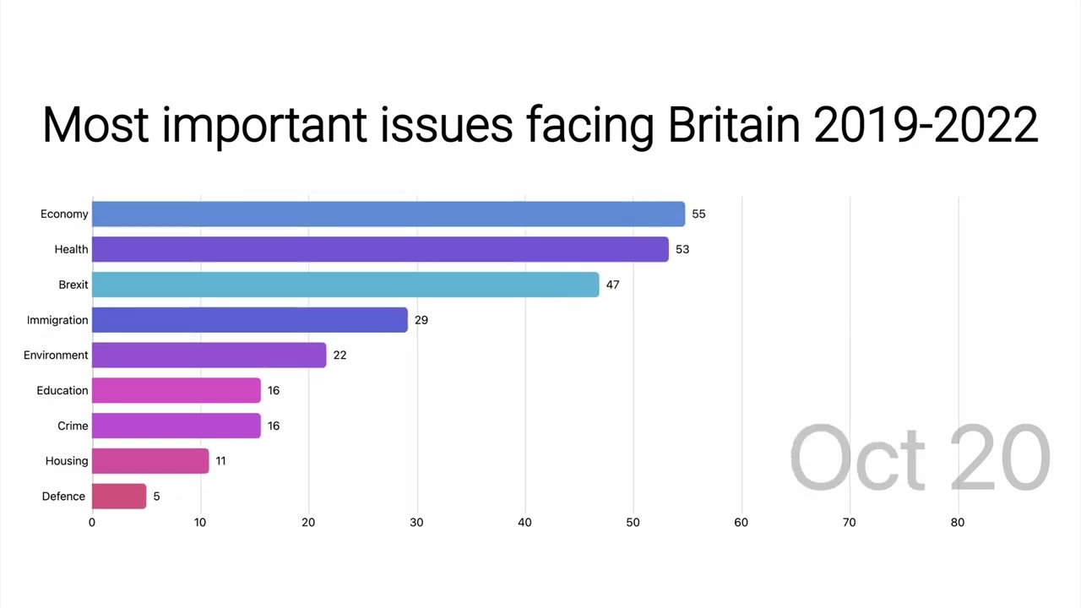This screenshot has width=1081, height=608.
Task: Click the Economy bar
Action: [x=388, y=214]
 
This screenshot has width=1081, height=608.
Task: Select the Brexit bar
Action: [x=345, y=285]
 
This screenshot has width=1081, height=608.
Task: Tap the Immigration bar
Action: [x=250, y=320]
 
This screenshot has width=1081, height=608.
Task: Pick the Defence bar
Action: [x=119, y=496]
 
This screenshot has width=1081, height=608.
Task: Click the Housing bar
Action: [x=150, y=461]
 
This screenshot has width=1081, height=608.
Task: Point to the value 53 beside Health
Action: [x=682, y=249]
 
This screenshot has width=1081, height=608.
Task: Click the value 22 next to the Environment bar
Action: [x=340, y=356]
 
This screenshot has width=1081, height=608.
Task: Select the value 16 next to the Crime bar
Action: [x=274, y=426]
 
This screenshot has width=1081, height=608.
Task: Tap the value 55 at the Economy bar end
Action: [x=698, y=214]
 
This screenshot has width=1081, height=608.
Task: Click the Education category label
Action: [x=62, y=391]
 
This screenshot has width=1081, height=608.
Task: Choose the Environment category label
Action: [x=56, y=356]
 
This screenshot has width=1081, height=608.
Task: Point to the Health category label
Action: [x=71, y=249]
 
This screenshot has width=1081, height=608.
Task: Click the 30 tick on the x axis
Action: [x=416, y=523]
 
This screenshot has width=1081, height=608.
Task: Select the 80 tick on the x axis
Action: [x=957, y=523]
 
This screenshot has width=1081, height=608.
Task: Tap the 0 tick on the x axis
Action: [x=92, y=523]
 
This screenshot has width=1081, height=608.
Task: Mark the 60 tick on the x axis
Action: [x=741, y=523]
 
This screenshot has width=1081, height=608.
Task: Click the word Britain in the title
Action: [x=733, y=125]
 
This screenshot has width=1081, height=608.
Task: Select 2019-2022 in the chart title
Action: [x=926, y=125]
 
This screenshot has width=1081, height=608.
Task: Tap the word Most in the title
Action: [x=95, y=125]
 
